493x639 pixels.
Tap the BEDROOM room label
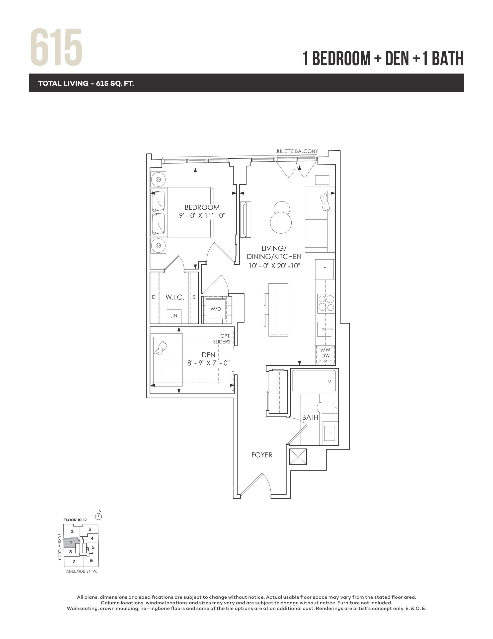[x=202, y=207]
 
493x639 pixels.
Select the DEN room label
[x=208, y=355]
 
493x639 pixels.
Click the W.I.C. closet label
[x=175, y=297]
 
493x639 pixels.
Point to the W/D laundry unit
[x=216, y=309]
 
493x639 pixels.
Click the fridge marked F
[x=325, y=269]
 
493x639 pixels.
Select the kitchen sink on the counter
[x=325, y=329]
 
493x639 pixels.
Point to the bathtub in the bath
[x=314, y=381]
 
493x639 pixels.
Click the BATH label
[x=310, y=418]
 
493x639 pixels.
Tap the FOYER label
[x=262, y=455]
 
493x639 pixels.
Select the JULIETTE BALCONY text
[x=297, y=151]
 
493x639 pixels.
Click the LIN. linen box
[x=174, y=316]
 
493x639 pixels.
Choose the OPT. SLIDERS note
[x=222, y=339]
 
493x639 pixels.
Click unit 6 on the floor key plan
[x=91, y=561]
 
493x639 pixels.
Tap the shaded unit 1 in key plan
[x=71, y=543]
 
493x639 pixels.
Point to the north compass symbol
[x=99, y=517]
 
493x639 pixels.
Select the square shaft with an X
[x=298, y=457]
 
